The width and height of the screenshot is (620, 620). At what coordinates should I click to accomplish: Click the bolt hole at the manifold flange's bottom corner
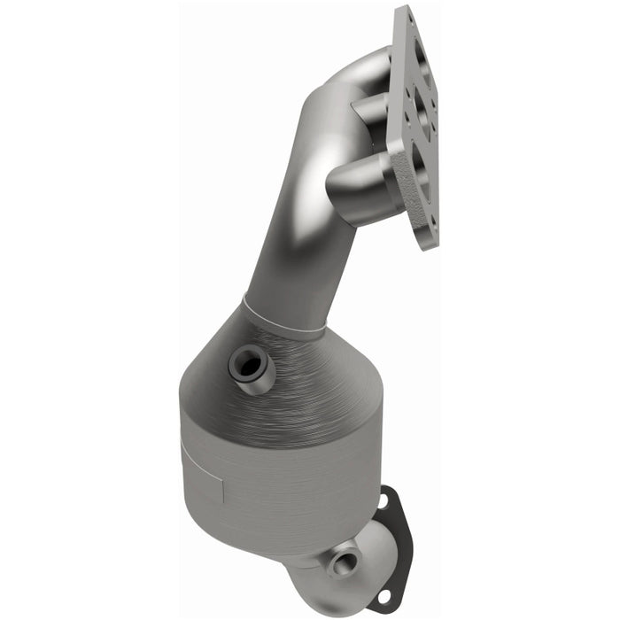pyautogui.click(x=429, y=232)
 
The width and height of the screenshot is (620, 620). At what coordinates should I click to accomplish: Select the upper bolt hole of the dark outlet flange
pyautogui.click(x=383, y=503)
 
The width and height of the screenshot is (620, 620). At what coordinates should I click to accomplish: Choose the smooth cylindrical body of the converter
pyautogui.click(x=266, y=478)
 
